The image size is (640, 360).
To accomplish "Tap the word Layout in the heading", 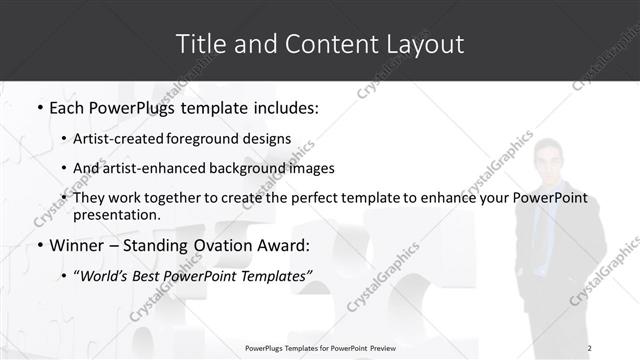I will pos(422,44).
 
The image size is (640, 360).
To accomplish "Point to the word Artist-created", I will pos(116,139).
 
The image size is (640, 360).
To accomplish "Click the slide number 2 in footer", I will pos(589,348).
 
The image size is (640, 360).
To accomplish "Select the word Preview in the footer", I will pos(381,348).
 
